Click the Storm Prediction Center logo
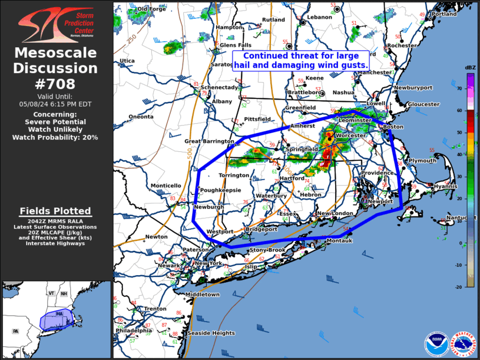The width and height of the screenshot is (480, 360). (x=55, y=24)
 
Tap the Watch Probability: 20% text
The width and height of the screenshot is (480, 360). (x=55, y=137)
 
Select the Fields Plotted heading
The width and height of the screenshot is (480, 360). (x=55, y=211)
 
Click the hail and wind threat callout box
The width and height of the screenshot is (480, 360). (x=301, y=61)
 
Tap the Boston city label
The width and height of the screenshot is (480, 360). (x=393, y=127)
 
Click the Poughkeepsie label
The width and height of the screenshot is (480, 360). (x=220, y=190)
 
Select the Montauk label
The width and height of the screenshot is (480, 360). (x=339, y=240)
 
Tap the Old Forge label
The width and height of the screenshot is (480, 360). (x=151, y=9)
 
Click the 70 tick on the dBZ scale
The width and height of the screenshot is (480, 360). (x=459, y=88)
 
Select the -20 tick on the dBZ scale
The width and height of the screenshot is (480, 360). (x=459, y=286)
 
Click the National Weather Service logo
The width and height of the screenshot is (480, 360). (x=462, y=343)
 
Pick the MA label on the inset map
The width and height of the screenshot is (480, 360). (x=59, y=314)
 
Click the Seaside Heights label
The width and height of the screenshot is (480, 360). (x=211, y=333)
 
